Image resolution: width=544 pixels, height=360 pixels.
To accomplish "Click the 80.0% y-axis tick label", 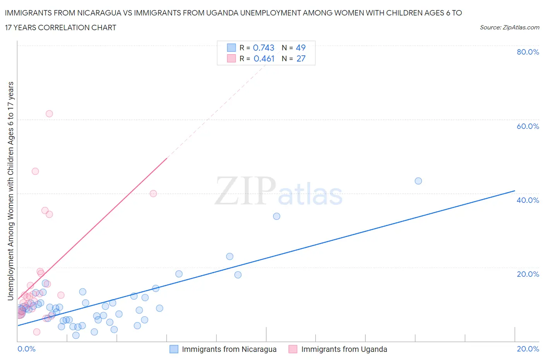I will click(x=528, y=52).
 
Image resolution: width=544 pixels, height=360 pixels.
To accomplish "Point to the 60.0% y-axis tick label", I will click(x=528, y=126).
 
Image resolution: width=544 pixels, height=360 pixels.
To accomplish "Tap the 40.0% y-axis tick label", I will click(x=528, y=200).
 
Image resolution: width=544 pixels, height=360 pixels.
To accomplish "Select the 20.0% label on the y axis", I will click(x=528, y=274).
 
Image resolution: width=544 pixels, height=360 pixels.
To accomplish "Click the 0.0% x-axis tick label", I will click(x=27, y=349).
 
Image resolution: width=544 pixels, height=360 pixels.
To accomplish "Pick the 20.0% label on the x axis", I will click(x=528, y=349).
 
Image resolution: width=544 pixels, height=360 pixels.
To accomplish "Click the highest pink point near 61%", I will click(x=49, y=114).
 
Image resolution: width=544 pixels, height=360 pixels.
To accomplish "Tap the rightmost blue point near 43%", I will click(x=418, y=181).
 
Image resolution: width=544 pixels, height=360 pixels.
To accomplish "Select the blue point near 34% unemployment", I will click(x=277, y=216).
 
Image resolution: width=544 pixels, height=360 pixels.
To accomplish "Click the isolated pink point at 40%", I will click(x=153, y=194).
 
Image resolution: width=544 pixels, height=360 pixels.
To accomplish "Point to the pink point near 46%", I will click(x=35, y=171).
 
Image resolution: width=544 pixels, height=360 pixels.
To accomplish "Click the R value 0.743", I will click(x=263, y=48).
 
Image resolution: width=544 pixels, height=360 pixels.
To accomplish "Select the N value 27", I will click(x=301, y=58).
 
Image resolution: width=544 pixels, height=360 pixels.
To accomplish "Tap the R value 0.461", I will click(x=264, y=58).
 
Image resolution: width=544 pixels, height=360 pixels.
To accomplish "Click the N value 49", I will click(x=301, y=48).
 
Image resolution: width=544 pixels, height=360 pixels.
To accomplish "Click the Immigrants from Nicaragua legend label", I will click(x=229, y=349).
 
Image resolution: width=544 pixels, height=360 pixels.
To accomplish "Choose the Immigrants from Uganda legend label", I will click(x=344, y=349).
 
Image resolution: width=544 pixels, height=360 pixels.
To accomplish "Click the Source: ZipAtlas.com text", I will click(x=509, y=27).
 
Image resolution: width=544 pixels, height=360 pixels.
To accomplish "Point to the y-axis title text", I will click(x=11, y=191).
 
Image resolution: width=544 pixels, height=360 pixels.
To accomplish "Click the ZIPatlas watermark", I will click(x=279, y=191).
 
